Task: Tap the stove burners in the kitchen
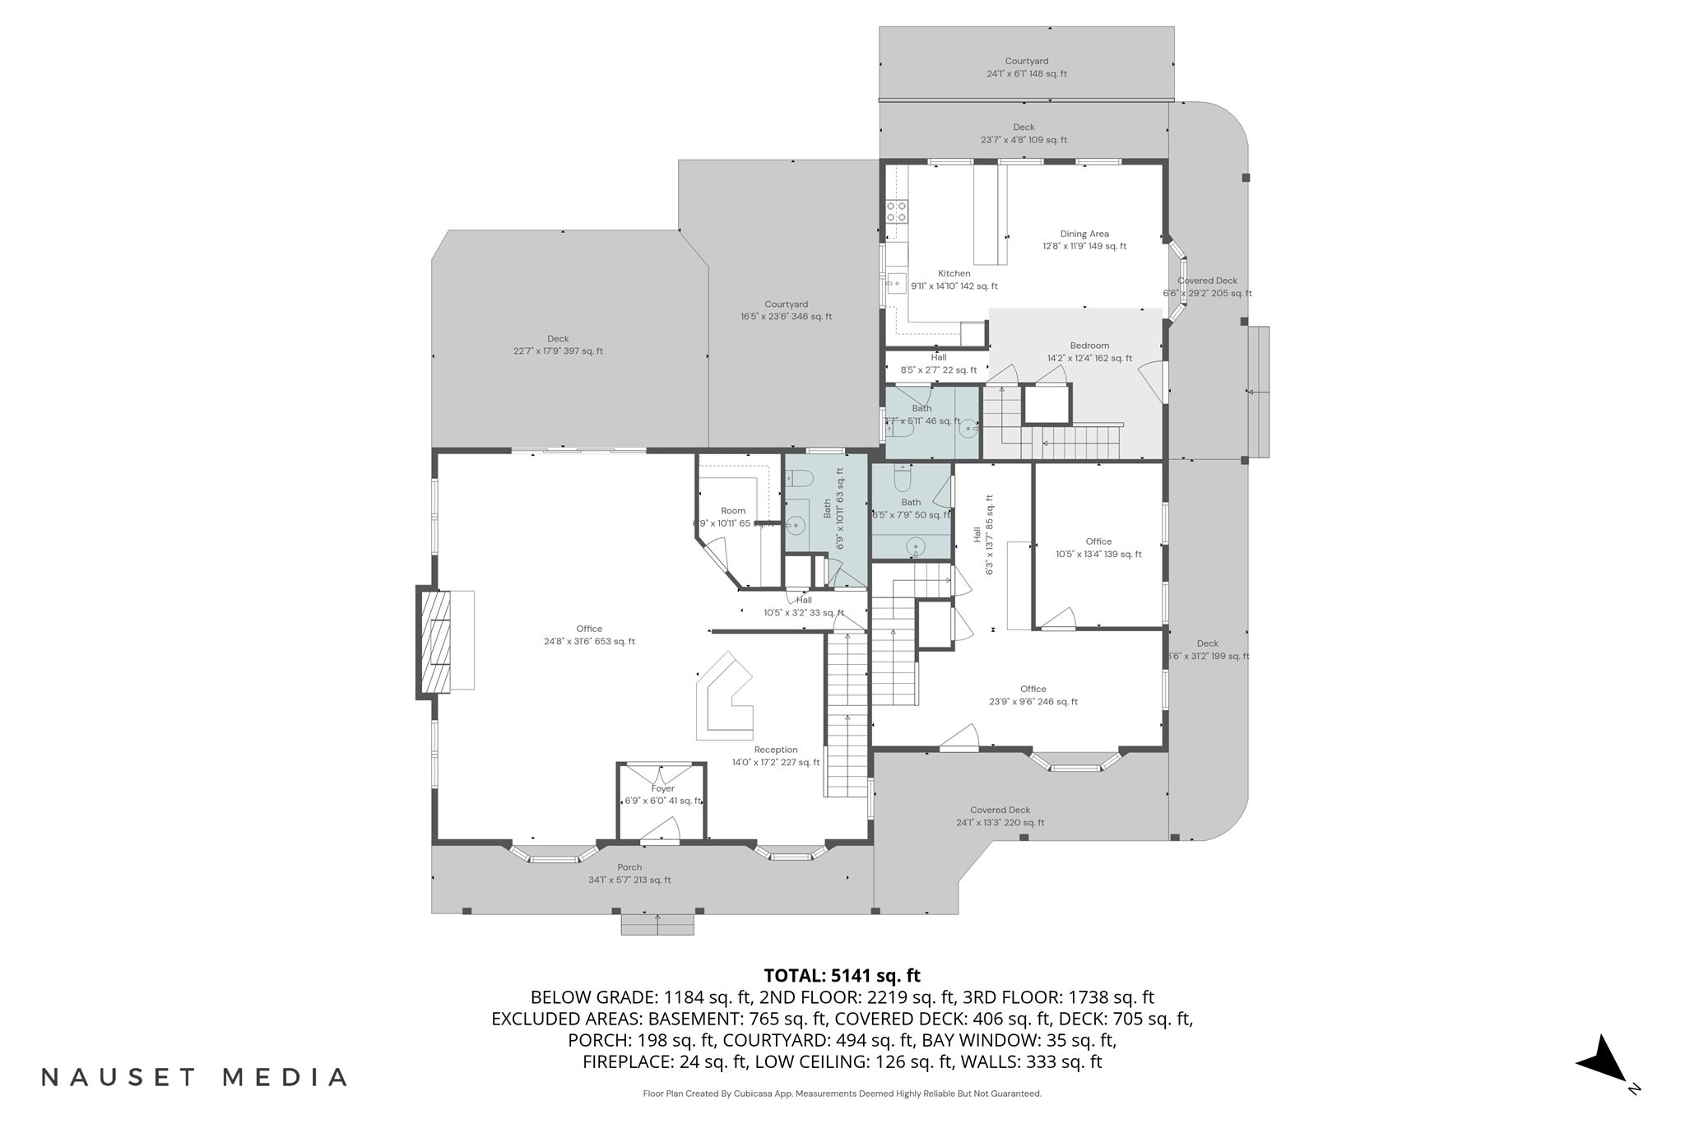pyautogui.click(x=896, y=211)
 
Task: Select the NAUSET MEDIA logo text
pyautogui.click(x=194, y=1077)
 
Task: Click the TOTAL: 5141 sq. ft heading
pyautogui.click(x=842, y=975)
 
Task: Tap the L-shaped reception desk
pyautogui.click(x=724, y=699)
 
